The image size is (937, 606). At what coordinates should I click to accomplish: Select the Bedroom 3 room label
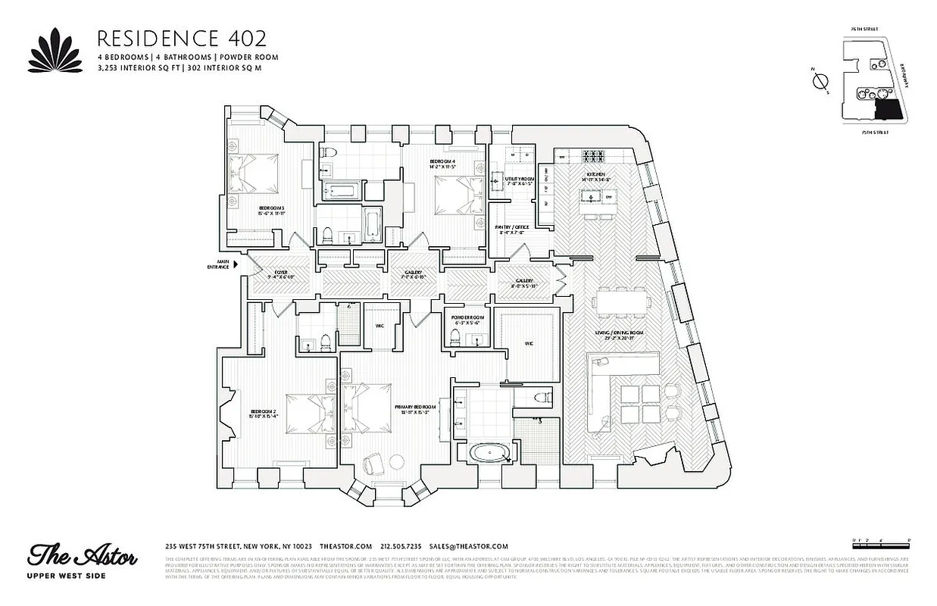270,208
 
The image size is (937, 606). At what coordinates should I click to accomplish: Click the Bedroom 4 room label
442,162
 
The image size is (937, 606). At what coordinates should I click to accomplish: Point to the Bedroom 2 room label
264,414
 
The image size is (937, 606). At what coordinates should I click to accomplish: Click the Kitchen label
595,175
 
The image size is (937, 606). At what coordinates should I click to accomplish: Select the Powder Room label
467,317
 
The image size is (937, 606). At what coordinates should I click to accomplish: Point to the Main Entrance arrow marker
236,264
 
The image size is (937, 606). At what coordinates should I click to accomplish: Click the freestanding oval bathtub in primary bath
490,453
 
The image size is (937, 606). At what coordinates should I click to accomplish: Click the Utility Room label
520,179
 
